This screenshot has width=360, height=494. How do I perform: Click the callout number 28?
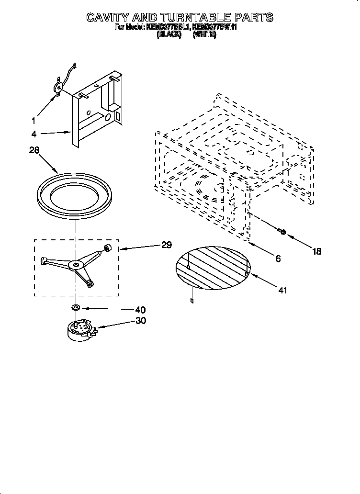[x=34, y=150]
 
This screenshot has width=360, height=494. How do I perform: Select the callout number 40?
[x=140, y=310]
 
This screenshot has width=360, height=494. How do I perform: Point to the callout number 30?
[x=140, y=321]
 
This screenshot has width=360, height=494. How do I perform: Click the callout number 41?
[x=282, y=291]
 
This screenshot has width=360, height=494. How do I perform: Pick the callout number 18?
[x=317, y=251]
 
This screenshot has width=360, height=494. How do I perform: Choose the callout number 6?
[x=278, y=259]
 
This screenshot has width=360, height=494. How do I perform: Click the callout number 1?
[x=34, y=120]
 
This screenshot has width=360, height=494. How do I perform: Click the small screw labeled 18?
[x=281, y=232]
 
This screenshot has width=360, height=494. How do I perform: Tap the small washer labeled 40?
[x=76, y=306]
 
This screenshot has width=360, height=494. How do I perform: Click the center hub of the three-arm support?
[x=75, y=264]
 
